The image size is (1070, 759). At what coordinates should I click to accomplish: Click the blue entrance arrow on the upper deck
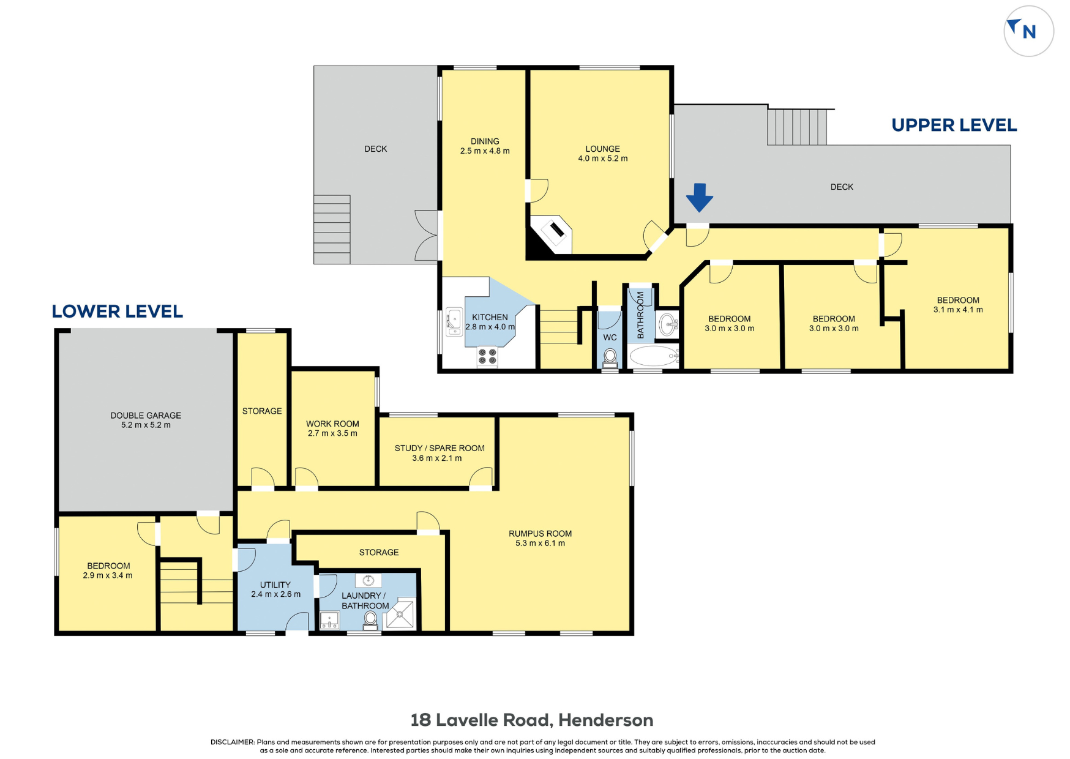(x=699, y=198)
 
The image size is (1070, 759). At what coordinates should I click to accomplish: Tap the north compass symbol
(x=1028, y=31)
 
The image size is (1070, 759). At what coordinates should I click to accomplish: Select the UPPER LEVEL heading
(x=954, y=125)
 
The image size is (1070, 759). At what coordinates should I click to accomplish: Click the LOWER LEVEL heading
(x=117, y=311)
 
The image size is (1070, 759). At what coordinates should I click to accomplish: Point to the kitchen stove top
(x=487, y=356)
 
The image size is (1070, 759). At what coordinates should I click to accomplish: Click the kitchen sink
(x=454, y=322)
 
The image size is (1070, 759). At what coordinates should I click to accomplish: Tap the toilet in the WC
(x=610, y=358)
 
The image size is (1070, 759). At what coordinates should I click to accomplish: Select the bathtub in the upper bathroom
(x=654, y=356)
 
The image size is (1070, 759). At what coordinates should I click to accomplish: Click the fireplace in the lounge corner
(x=552, y=234)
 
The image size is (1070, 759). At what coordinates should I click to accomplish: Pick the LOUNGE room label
(x=602, y=149)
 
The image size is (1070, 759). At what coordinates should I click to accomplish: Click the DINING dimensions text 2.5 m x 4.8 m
(x=485, y=151)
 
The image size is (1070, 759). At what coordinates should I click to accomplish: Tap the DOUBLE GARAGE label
(x=146, y=416)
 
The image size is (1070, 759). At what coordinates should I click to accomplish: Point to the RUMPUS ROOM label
(x=540, y=534)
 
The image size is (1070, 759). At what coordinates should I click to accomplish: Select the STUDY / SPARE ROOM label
(x=440, y=448)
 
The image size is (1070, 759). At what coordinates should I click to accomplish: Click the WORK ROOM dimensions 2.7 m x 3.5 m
(x=332, y=433)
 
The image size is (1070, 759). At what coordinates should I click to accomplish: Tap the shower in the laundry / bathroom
(x=400, y=614)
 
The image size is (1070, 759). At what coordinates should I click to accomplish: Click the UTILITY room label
(x=275, y=585)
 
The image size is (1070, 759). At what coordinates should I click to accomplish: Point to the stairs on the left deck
(x=332, y=230)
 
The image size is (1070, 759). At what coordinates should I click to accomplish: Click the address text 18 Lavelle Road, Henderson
(x=531, y=720)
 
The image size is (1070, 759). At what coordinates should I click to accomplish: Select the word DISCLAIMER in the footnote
(x=233, y=742)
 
